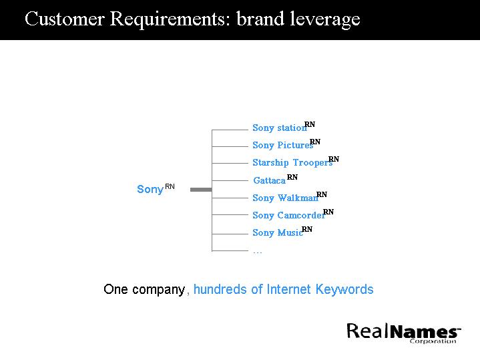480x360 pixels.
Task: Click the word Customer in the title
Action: click(64, 19)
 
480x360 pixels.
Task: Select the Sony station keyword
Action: click(279, 128)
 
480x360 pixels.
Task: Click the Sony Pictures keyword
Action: click(282, 145)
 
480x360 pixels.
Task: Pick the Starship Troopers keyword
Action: click(292, 162)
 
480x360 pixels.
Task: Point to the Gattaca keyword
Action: click(269, 180)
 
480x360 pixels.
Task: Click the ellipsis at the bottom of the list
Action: click(257, 252)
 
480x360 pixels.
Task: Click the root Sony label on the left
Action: click(150, 189)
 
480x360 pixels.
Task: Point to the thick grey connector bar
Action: click(200, 190)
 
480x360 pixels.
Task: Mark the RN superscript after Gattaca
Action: click(292, 177)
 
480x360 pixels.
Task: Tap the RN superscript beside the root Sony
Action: click(170, 186)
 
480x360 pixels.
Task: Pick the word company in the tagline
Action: click(158, 290)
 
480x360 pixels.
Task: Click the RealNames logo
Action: click(403, 331)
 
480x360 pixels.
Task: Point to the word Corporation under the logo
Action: click(433, 341)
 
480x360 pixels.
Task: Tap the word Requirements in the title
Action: click(169, 19)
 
